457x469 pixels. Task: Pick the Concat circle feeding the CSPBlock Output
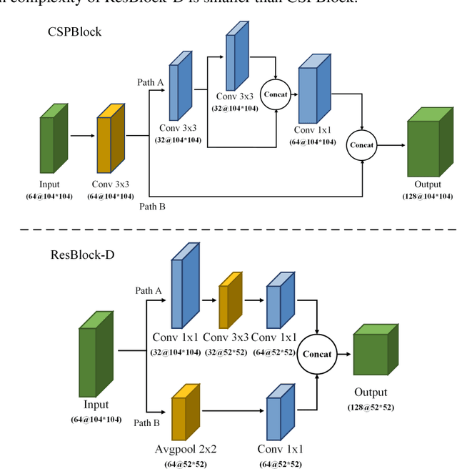tap(362, 144)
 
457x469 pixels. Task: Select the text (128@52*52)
tap(371, 407)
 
